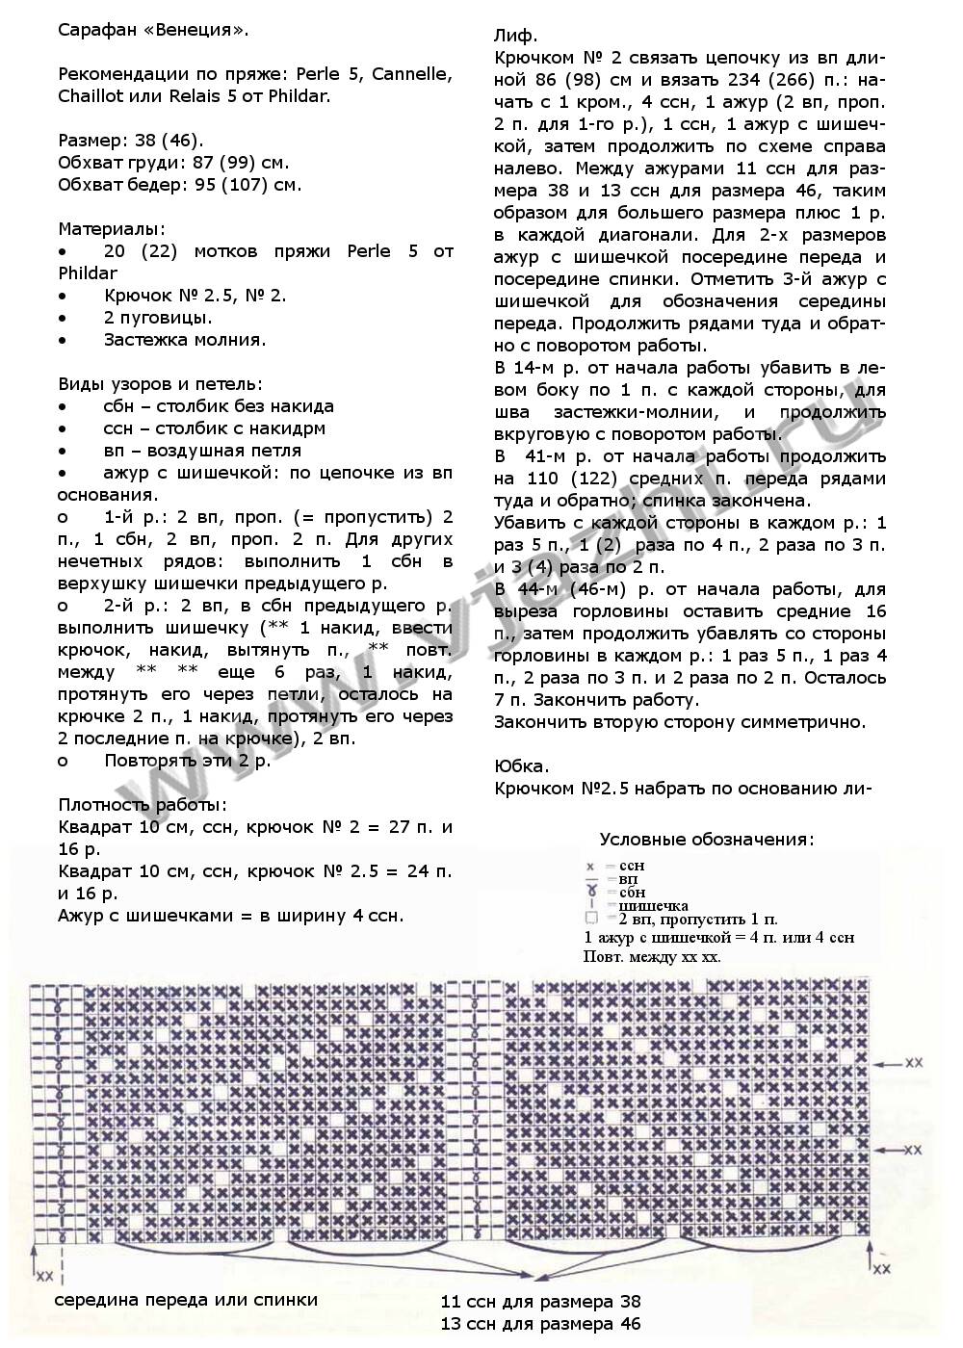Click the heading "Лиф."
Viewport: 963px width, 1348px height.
pyautogui.click(x=515, y=36)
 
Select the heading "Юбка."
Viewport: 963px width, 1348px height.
pyautogui.click(x=521, y=766)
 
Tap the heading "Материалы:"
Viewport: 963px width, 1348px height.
pyautogui.click(x=112, y=229)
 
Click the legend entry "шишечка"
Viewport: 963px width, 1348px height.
pyautogui.click(x=653, y=905)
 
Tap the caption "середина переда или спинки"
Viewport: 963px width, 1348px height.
pyautogui.click(x=186, y=1299)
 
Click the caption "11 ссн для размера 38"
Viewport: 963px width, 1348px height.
pyautogui.click(x=541, y=1302)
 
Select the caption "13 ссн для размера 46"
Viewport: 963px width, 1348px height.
pyautogui.click(x=541, y=1324)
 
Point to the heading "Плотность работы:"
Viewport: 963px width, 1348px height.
pyautogui.click(x=143, y=804)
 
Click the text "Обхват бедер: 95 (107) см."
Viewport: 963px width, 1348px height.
pyautogui.click(x=179, y=184)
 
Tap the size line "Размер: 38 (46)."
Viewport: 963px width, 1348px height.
pyautogui.click(x=131, y=140)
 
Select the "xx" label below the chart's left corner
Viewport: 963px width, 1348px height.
pyautogui.click(x=44, y=1276)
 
